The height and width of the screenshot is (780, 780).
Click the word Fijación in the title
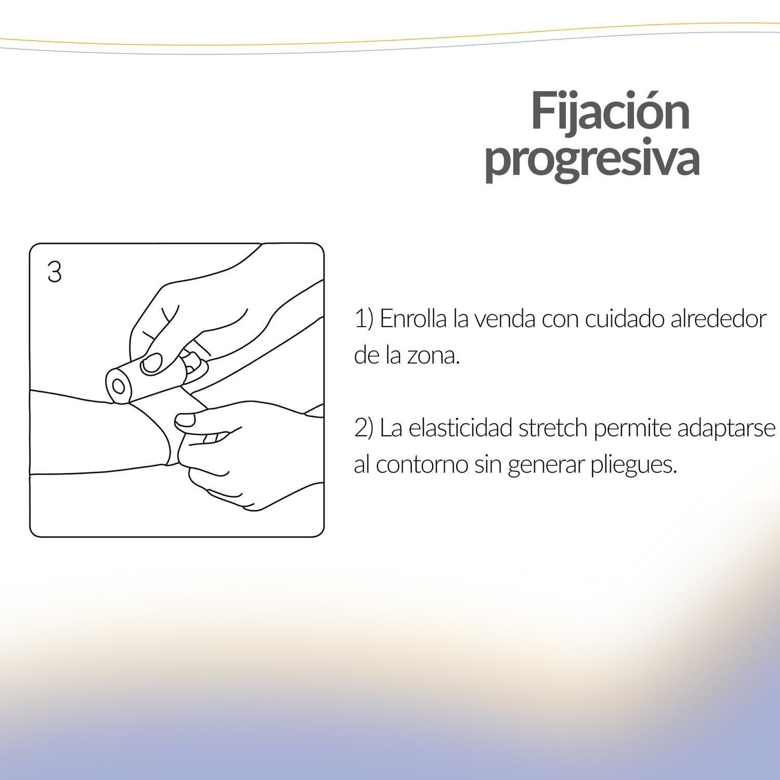[610, 112]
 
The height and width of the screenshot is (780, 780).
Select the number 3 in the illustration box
[54, 272]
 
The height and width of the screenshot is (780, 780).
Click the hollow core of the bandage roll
[119, 386]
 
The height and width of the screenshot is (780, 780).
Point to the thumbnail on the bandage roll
[152, 363]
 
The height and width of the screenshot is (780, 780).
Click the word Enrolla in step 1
[413, 319]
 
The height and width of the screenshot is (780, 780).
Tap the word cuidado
[624, 319]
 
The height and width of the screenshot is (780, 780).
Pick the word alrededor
[718, 319]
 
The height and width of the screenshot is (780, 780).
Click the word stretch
[552, 428]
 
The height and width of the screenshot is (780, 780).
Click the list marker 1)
[364, 319]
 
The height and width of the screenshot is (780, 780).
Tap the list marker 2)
[364, 428]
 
